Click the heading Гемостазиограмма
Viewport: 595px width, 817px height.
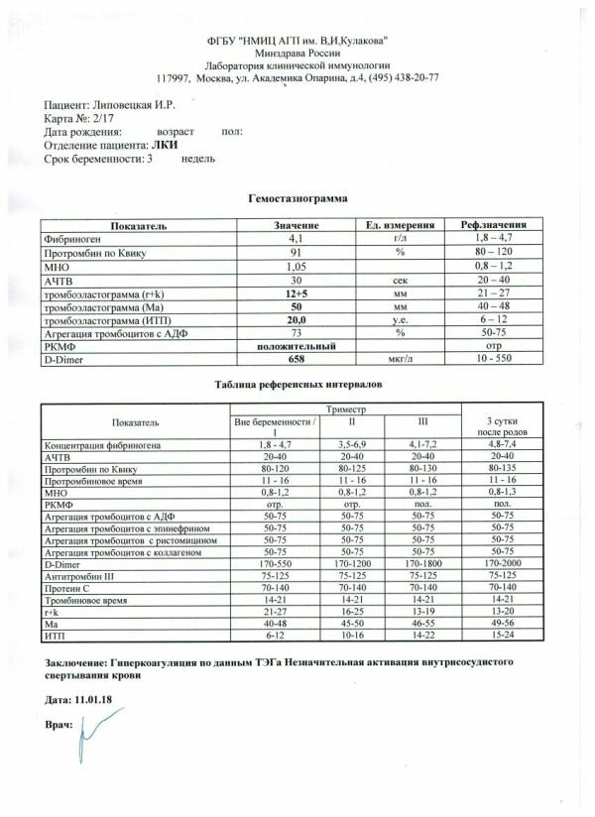click(x=297, y=198)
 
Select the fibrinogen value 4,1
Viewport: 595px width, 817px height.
click(x=293, y=239)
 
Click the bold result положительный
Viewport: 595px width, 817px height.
click(x=293, y=346)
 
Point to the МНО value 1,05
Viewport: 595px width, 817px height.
click(x=293, y=267)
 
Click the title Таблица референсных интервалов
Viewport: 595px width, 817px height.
click(x=297, y=384)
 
